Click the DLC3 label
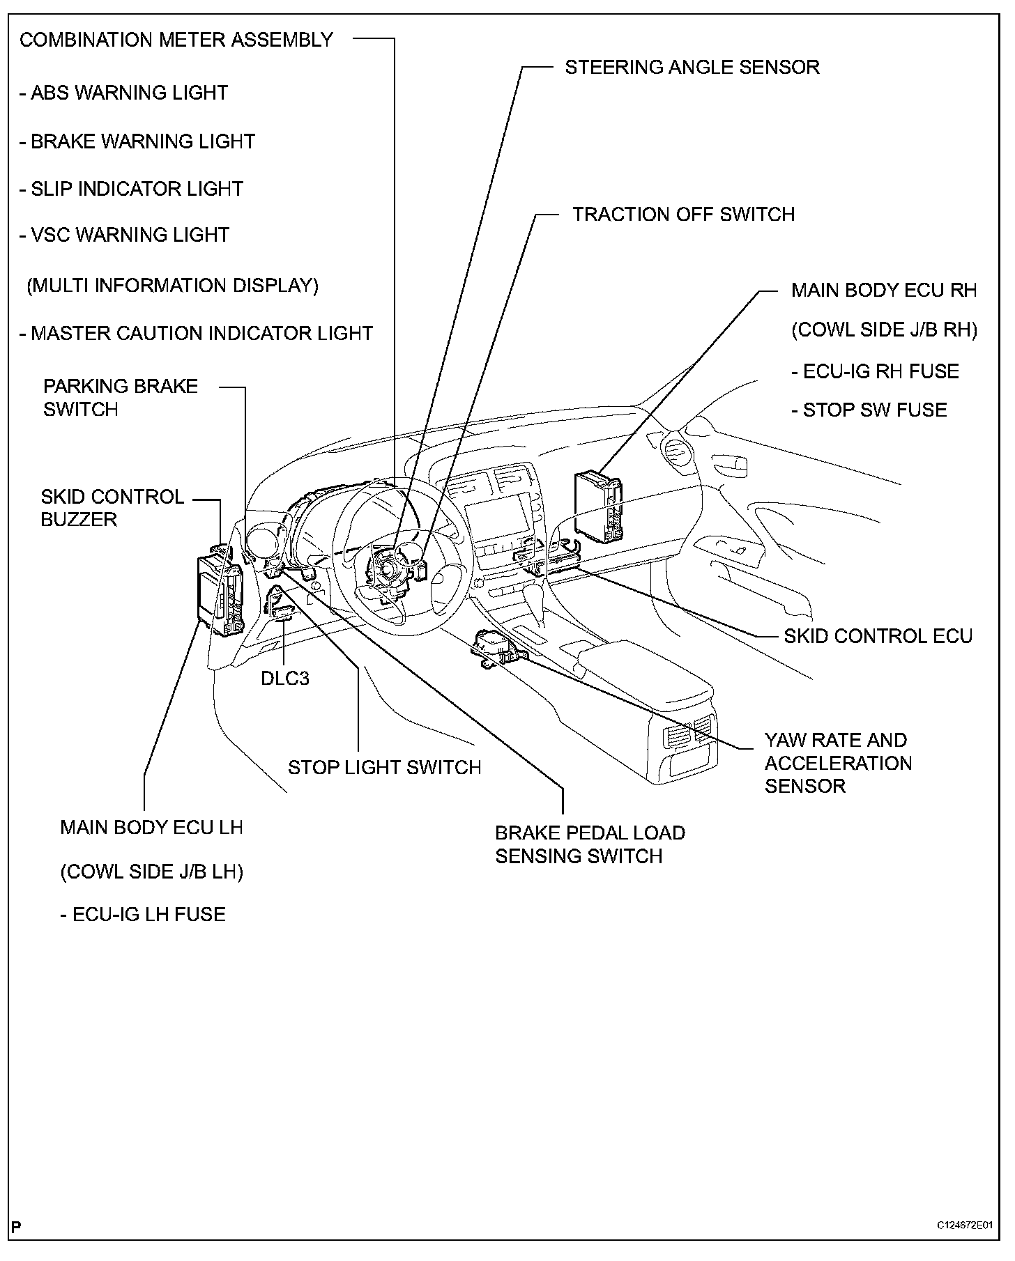285,678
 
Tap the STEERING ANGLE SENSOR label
692,68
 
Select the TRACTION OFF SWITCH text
683,214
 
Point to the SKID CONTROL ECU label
878,635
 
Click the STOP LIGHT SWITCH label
384,767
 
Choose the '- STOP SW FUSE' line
869,410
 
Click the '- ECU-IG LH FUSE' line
143,914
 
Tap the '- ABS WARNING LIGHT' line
123,93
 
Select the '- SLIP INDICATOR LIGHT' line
131,189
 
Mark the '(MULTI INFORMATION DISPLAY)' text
172,286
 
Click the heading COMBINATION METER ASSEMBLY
176,40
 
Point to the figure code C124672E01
964,1245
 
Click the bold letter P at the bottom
16,1246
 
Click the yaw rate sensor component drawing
498,648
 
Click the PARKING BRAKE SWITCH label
120,397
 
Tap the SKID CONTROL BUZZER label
112,508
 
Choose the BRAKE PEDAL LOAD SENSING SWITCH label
590,844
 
